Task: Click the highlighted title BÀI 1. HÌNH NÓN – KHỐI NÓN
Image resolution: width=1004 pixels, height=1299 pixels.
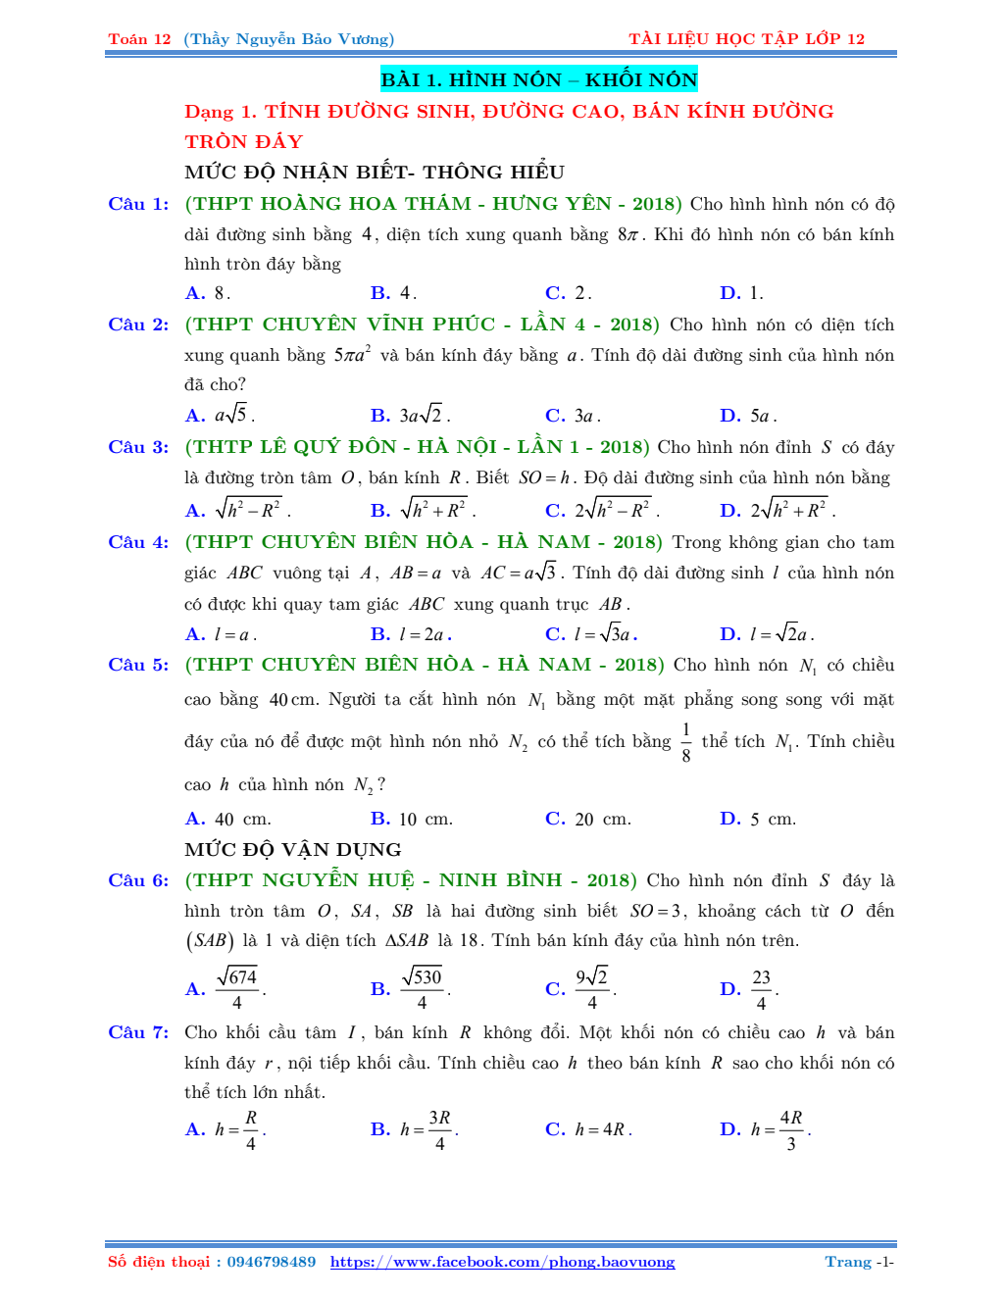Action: pyautogui.click(x=538, y=79)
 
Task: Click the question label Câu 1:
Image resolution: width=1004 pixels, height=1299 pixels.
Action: pyautogui.click(x=138, y=204)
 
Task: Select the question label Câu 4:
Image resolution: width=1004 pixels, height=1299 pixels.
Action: pyautogui.click(x=138, y=542)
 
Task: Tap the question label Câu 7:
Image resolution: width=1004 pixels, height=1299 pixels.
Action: pyautogui.click(x=138, y=1032)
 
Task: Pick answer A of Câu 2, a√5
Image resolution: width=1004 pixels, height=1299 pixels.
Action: pyautogui.click(x=221, y=415)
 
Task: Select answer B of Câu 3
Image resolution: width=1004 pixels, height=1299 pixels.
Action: pyautogui.click(x=423, y=510)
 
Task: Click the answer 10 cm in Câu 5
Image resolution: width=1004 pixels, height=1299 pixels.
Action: pyautogui.click(x=412, y=819)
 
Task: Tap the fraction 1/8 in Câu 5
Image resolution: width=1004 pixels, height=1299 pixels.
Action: pyautogui.click(x=686, y=742)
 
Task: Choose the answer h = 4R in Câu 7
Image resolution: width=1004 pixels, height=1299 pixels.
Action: pyautogui.click(x=588, y=1129)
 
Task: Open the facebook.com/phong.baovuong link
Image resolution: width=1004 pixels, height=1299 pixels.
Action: pyautogui.click(x=502, y=1262)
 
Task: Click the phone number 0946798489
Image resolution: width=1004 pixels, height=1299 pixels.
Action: pyautogui.click(x=271, y=1262)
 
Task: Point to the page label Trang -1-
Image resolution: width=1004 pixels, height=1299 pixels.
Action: pyautogui.click(x=859, y=1262)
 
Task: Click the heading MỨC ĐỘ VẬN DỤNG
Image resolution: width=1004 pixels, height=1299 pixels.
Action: pyautogui.click(x=293, y=849)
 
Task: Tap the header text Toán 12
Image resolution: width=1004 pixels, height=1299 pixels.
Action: pyautogui.click(x=139, y=39)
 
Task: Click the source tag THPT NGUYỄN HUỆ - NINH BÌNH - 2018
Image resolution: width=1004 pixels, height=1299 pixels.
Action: pyautogui.click(x=411, y=880)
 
